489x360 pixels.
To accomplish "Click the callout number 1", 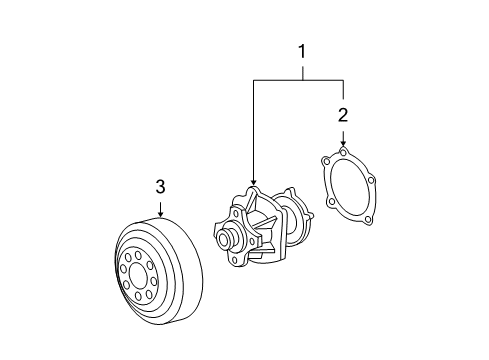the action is click(x=302, y=52).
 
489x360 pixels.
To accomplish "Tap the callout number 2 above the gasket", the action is click(x=343, y=115).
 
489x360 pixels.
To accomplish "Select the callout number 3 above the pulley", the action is click(x=160, y=187).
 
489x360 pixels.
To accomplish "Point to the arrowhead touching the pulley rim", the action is click(x=161, y=214).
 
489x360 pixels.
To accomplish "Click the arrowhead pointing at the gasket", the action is click(x=343, y=143).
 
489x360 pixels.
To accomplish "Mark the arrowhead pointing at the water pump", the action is click(x=254, y=182).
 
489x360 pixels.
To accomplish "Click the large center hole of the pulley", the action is click(x=138, y=276).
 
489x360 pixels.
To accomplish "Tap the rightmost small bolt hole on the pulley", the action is click(x=153, y=282).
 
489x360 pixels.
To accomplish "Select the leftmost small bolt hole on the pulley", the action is click(x=123, y=269).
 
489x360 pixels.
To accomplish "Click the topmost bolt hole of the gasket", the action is click(x=343, y=152).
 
